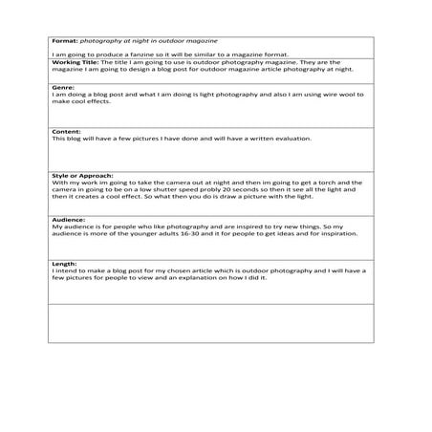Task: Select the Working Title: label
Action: click(x=74, y=62)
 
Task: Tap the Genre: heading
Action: click(x=61, y=86)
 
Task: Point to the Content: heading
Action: click(x=65, y=131)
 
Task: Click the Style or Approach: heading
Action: click(x=82, y=175)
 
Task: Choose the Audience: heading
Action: click(x=68, y=220)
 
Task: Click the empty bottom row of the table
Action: click(x=210, y=322)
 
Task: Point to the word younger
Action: click(x=133, y=233)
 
